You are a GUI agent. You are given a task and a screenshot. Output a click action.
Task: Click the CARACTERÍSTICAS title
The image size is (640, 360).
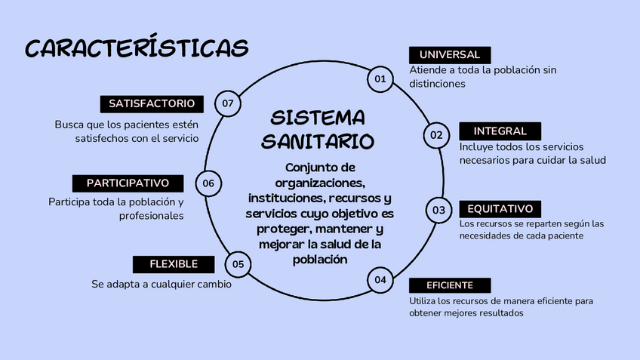coord(137,48)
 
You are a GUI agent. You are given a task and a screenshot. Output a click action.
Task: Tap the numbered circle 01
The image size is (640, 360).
coord(380,78)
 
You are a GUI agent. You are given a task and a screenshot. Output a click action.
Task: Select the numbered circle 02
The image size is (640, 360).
coord(436,135)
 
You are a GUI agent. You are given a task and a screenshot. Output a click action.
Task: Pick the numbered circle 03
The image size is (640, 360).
coord(438,210)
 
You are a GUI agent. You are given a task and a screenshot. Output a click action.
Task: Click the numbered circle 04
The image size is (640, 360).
coord(380,280)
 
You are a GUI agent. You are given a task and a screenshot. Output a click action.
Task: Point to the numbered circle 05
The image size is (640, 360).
coord(238,264)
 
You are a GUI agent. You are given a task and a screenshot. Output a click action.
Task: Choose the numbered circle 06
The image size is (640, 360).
coord(208,183)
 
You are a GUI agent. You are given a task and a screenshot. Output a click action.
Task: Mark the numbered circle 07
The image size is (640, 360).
coord(227,103)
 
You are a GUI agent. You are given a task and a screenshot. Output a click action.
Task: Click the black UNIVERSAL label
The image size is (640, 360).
coord(450,55)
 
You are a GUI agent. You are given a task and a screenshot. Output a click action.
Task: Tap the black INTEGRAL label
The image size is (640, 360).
coord(494,131)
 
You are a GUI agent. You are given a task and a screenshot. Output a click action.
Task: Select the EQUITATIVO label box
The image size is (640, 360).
coord(500,208)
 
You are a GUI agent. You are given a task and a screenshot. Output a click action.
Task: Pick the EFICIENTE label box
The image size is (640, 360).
coord(450,285)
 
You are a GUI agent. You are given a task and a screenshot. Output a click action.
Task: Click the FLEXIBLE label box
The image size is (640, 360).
coord(174,264)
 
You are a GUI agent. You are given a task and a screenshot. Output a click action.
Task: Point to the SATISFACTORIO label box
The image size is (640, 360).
coord(152,103)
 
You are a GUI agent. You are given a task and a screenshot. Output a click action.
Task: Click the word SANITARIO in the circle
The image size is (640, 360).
coord(317,140)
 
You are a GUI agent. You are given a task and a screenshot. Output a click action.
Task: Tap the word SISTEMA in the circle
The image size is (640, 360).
coord(317,118)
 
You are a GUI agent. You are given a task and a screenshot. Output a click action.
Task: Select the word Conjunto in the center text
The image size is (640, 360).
coord(311,167)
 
